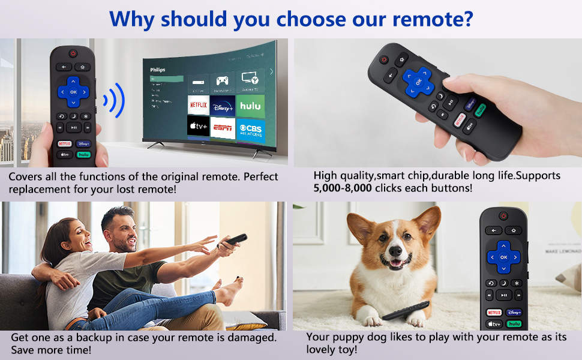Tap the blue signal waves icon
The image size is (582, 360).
click(113, 100)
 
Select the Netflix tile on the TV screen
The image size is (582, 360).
click(199, 105)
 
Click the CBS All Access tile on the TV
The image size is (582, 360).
click(250, 128)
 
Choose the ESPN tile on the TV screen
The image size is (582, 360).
click(223, 128)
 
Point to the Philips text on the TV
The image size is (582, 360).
click(157, 70)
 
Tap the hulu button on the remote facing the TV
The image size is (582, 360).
click(84, 154)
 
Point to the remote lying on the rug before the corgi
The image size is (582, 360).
click(406, 310)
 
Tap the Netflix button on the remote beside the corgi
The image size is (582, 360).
click(494, 312)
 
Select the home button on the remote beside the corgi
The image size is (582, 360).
click(513, 230)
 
